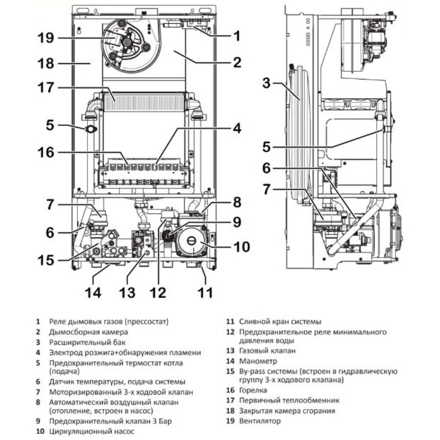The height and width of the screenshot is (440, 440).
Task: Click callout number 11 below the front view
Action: click(205, 292)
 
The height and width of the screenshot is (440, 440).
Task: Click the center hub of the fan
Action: click(127, 42)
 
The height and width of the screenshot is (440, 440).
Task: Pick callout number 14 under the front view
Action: click(93, 292)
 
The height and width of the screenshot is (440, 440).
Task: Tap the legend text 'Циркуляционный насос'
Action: click(92, 432)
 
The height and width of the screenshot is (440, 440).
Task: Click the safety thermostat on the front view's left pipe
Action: click(91, 129)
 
